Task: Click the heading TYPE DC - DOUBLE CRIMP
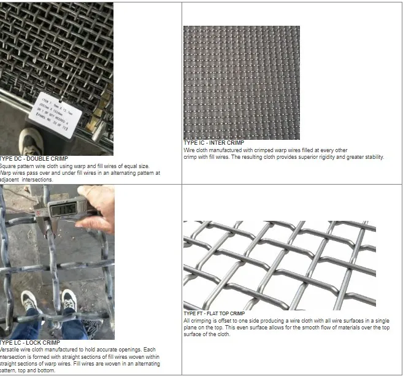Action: (34, 159)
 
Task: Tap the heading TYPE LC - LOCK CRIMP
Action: (30, 342)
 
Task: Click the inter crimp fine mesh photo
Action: (242, 82)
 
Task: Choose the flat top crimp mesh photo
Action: (279, 265)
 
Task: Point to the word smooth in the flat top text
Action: (297, 328)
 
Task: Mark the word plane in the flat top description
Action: (190, 328)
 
